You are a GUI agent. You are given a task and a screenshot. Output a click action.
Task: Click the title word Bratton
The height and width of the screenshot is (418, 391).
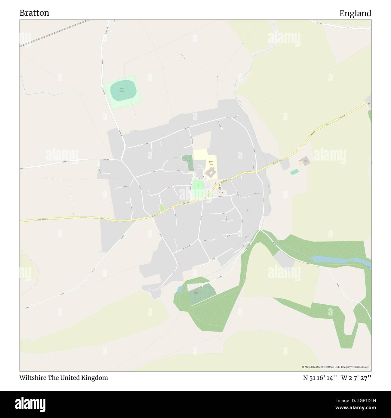(34, 13)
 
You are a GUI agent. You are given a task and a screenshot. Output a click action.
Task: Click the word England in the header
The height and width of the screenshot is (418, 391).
(355, 14)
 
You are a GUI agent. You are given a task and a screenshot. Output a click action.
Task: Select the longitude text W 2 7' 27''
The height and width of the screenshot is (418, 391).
(356, 378)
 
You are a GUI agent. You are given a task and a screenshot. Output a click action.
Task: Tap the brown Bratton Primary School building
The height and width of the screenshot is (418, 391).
(211, 173)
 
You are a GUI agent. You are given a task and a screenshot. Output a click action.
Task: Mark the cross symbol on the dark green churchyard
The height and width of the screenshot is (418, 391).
(189, 161)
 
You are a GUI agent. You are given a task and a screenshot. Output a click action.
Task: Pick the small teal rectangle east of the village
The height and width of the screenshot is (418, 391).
(295, 172)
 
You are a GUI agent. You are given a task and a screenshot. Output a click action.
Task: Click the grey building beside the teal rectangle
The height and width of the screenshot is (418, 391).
(306, 161)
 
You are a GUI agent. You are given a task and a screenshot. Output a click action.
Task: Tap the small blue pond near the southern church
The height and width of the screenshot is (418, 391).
(180, 289)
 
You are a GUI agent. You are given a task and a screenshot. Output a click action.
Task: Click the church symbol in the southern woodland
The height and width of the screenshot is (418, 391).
(197, 291)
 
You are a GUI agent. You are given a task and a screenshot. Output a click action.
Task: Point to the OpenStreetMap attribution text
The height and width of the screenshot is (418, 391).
(336, 367)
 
